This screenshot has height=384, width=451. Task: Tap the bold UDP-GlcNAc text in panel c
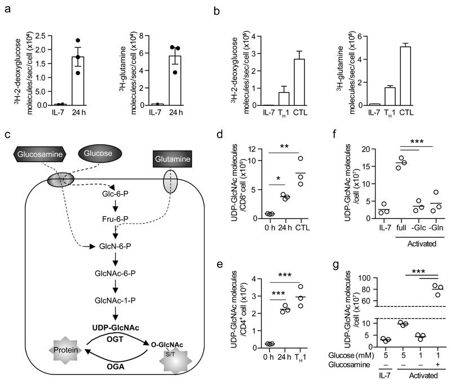[x=116, y=310]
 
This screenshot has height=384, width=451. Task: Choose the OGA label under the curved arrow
[x=115, y=366]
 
